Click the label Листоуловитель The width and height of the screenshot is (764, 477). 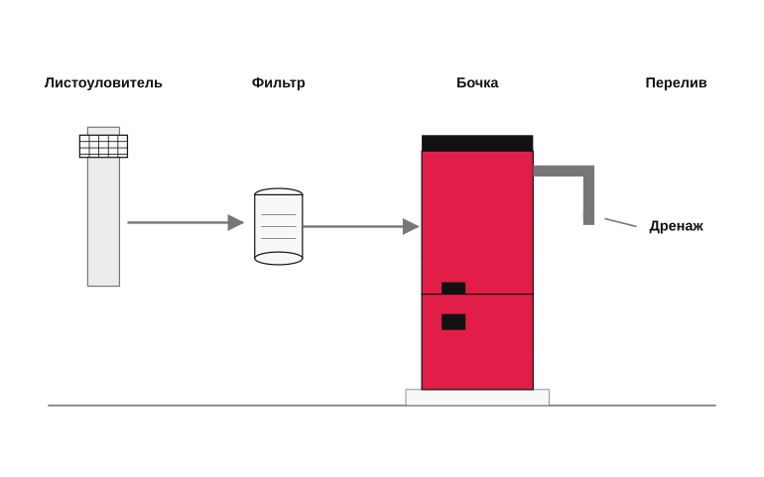[x=103, y=83]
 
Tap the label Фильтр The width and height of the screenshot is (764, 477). [x=278, y=83]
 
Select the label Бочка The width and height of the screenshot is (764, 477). [x=477, y=83]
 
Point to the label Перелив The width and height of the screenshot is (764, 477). [x=676, y=83]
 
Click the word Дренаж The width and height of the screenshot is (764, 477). [x=676, y=226]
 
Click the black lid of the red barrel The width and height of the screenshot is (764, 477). [x=477, y=143]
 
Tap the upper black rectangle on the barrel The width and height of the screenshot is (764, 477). [x=453, y=288]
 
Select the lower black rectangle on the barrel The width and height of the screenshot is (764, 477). [x=453, y=322]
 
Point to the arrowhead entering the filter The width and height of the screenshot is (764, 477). [x=235, y=223]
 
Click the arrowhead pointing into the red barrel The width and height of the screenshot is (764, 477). [x=411, y=226]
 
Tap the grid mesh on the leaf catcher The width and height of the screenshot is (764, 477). [x=103, y=146]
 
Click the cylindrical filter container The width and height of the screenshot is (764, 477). [x=279, y=226]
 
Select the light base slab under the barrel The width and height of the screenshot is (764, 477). [x=477, y=397]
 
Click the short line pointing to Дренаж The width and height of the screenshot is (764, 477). [x=620, y=223]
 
